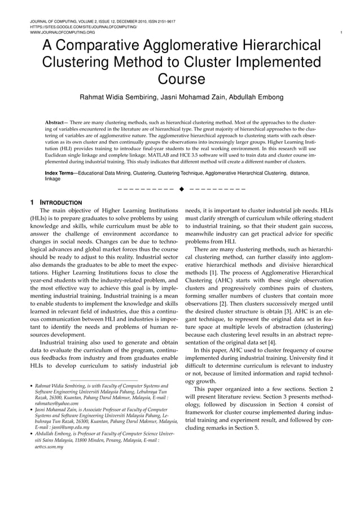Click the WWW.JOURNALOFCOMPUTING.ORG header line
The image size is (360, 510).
tap(62, 32)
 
